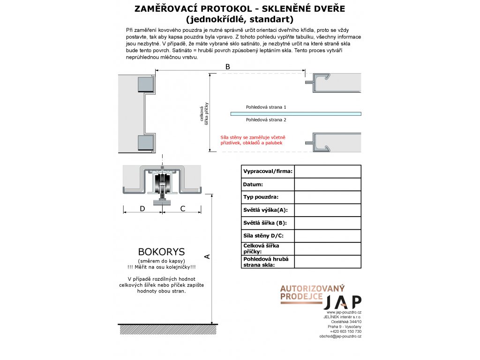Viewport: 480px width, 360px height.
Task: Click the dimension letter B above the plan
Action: click(x=228, y=67)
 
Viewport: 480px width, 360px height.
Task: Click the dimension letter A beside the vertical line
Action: click(x=207, y=256)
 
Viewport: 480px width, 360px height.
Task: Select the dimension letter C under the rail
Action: click(x=183, y=209)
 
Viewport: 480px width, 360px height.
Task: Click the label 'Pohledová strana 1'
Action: click(x=266, y=107)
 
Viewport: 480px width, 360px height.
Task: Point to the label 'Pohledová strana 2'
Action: click(x=266, y=120)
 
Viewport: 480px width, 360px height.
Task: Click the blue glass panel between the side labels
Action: click(x=295, y=113)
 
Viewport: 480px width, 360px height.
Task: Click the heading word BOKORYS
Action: click(x=161, y=252)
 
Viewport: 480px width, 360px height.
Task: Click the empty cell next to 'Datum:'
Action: click(x=328, y=185)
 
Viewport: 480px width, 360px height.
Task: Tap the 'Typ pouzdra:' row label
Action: click(x=261, y=197)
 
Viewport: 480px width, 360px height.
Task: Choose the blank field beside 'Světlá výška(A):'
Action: click(x=328, y=210)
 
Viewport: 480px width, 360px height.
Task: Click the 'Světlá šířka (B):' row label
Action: click(x=265, y=223)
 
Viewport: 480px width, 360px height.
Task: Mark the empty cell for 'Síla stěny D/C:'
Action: click(x=328, y=236)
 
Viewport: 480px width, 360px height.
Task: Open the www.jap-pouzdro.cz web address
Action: click(x=344, y=312)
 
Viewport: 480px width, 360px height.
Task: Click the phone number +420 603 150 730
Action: click(x=345, y=331)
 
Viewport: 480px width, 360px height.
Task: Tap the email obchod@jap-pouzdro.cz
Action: click(x=340, y=337)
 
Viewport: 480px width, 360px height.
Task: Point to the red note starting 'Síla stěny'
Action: click(x=253, y=140)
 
